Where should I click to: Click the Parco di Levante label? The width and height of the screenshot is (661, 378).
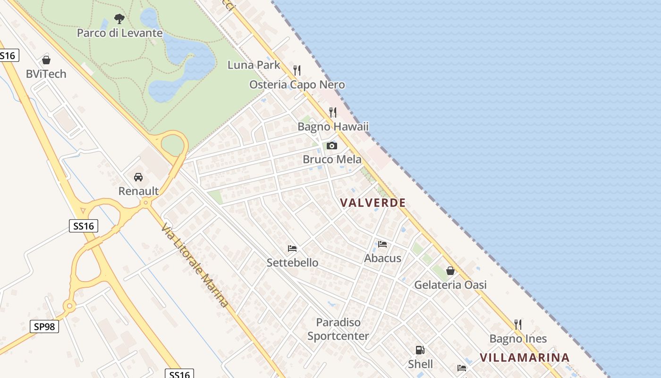pyautogui.click(x=119, y=33)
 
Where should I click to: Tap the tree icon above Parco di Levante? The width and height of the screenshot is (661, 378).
pyautogui.click(x=119, y=19)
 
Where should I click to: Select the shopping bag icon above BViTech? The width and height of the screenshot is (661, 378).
pyautogui.click(x=46, y=60)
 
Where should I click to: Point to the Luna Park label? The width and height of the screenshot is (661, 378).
pyautogui.click(x=254, y=65)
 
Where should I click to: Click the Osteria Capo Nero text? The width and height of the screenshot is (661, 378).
pyautogui.click(x=297, y=85)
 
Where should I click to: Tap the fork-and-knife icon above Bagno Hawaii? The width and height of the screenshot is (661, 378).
pyautogui.click(x=333, y=112)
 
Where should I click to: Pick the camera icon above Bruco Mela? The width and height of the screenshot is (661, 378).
pyautogui.click(x=332, y=146)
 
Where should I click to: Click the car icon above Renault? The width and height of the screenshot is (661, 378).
pyautogui.click(x=138, y=177)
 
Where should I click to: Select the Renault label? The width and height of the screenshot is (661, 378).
pyautogui.click(x=138, y=191)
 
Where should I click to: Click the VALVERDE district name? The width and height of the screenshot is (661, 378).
pyautogui.click(x=373, y=203)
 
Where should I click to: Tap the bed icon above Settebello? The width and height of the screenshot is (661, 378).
pyautogui.click(x=292, y=249)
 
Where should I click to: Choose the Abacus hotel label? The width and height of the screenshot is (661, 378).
pyautogui.click(x=382, y=258)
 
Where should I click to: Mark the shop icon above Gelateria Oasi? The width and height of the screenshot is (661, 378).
pyautogui.click(x=450, y=271)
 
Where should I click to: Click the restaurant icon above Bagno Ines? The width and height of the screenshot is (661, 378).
pyautogui.click(x=518, y=325)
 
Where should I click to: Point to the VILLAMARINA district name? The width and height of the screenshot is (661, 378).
pyautogui.click(x=525, y=358)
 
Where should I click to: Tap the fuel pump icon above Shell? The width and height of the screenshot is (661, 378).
pyautogui.click(x=420, y=350)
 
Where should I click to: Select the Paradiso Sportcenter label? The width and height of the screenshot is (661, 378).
pyautogui.click(x=338, y=329)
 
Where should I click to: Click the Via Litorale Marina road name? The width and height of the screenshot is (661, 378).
pyautogui.click(x=195, y=265)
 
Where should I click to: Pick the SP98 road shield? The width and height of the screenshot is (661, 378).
pyautogui.click(x=45, y=326)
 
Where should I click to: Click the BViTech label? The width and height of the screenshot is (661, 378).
pyautogui.click(x=46, y=74)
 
